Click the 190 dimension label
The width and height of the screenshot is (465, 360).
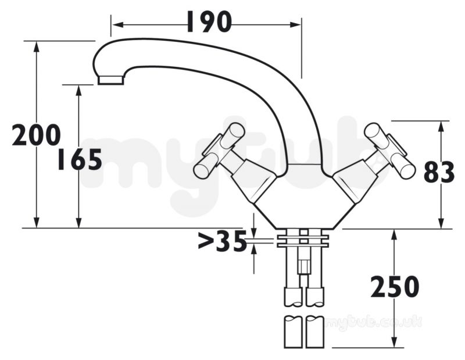[x=209, y=22]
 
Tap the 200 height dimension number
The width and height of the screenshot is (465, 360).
[x=36, y=136]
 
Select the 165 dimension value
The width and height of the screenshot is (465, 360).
[x=80, y=159]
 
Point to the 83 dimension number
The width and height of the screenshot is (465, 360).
[x=439, y=172]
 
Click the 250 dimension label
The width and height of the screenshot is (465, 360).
[x=395, y=286]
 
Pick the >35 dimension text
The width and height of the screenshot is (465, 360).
[x=223, y=241]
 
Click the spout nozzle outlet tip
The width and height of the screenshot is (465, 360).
[x=110, y=80]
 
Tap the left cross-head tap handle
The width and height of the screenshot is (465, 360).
[x=219, y=151]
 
